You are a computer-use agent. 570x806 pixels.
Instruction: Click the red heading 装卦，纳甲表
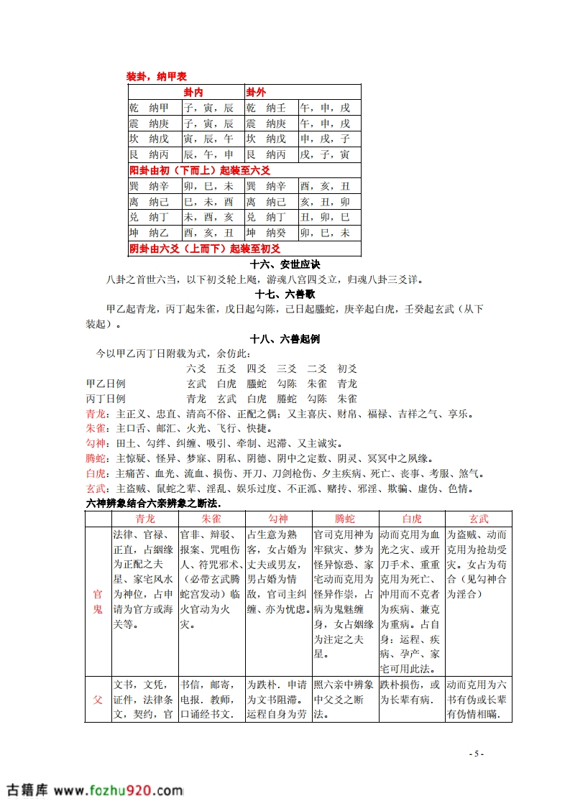(x=156, y=76)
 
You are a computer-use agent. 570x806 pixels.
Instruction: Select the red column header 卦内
(x=193, y=93)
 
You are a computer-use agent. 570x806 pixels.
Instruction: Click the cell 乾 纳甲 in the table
(x=150, y=108)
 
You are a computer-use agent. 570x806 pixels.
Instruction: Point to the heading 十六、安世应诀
(x=285, y=264)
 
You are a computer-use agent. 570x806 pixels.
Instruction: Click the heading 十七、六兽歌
(x=285, y=294)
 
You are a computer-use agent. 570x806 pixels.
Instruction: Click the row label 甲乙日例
(x=106, y=384)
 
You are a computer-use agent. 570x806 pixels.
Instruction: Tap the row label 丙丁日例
(x=106, y=398)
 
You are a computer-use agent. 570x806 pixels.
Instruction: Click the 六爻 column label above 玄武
(x=196, y=368)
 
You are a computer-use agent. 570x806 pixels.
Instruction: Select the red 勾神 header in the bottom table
(x=277, y=518)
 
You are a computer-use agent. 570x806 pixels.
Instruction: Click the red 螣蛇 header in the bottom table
(x=344, y=518)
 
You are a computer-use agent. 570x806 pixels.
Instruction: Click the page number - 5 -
(x=476, y=754)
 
